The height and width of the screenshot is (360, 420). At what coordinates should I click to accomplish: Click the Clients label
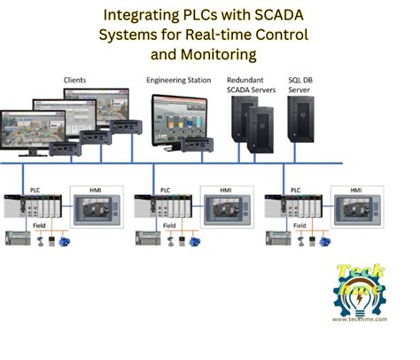tap(75, 80)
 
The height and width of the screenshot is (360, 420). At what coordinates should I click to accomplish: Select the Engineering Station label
tap(178, 80)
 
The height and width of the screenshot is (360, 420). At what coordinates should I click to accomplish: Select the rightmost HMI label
tap(355, 190)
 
